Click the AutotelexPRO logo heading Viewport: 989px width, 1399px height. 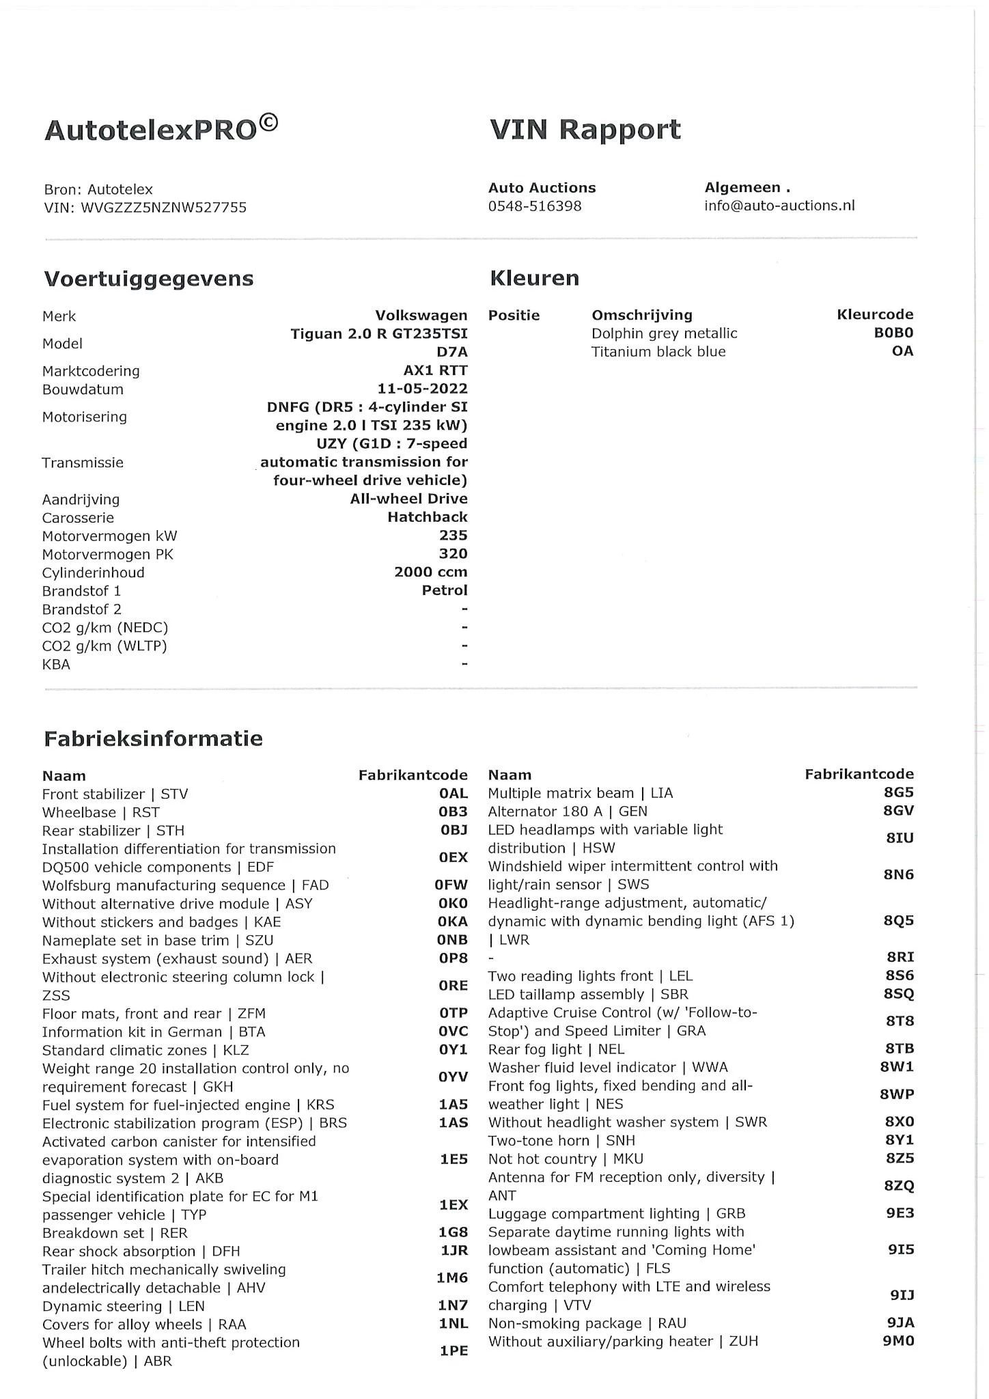[x=161, y=128]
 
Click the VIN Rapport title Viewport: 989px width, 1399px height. [x=585, y=129]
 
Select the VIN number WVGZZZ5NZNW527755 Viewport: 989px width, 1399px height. [x=164, y=208]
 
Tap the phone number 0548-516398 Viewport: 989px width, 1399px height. [x=535, y=206]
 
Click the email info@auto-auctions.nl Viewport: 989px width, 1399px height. [x=779, y=206]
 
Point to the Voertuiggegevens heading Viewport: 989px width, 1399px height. [x=149, y=279]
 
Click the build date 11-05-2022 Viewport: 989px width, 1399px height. [x=422, y=389]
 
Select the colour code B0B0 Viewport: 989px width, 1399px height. [x=893, y=333]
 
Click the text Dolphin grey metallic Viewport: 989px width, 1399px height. [x=664, y=333]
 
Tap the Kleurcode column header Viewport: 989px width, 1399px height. [x=875, y=314]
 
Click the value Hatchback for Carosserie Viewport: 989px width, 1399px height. [x=428, y=517]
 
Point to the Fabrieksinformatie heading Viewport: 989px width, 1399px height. [x=153, y=738]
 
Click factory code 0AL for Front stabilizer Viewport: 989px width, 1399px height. [x=454, y=794]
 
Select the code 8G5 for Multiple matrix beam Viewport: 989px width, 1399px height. [x=898, y=792]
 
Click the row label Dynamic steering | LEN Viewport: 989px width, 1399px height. [x=124, y=1306]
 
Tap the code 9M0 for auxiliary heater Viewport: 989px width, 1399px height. [x=898, y=1341]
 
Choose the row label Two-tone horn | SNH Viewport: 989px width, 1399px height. [x=561, y=1140]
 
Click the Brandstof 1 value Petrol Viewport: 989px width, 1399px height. [x=445, y=590]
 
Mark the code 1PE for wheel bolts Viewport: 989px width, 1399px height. [x=454, y=1350]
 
